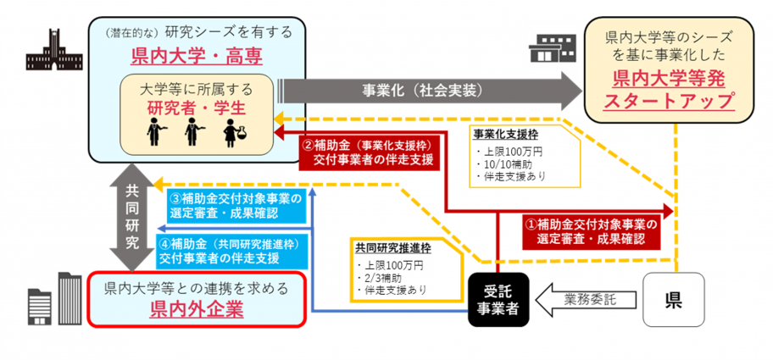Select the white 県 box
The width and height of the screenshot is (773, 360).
pos(674,299)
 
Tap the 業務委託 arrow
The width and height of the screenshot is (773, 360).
pos(584,299)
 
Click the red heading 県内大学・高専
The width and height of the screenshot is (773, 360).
pos(197,57)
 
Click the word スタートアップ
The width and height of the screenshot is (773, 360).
pos(669,101)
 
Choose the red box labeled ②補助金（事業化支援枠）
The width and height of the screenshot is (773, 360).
pos(370,152)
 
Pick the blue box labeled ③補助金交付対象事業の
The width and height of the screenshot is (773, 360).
pos(236,206)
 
